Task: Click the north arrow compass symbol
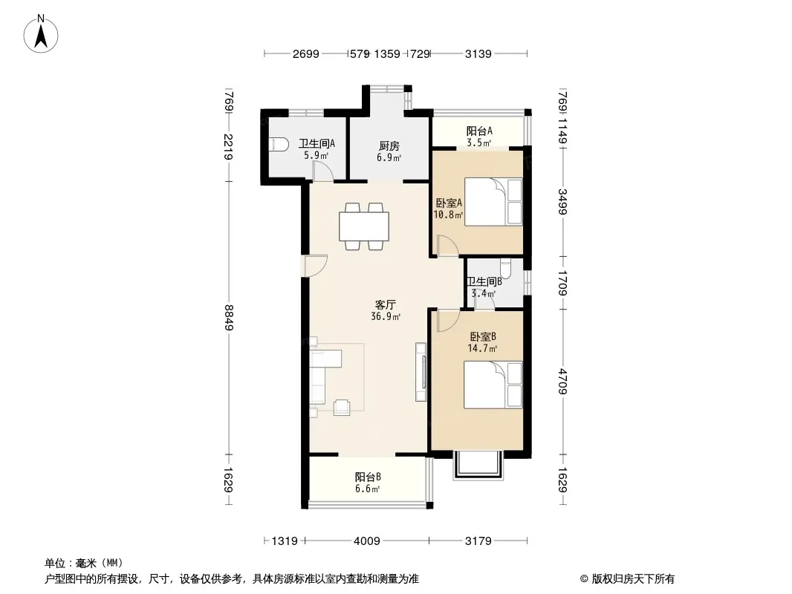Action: coord(41,34)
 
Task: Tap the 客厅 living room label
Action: coord(385,305)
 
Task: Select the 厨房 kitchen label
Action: coord(389,146)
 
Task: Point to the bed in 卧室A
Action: coord(493,201)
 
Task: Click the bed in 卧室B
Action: coord(493,385)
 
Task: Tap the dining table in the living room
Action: coord(363,226)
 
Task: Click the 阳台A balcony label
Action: coord(478,131)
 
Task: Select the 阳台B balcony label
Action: coord(368,477)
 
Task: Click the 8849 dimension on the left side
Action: coord(229,318)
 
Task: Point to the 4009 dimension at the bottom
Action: coord(367,541)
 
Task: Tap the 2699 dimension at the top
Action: coord(305,53)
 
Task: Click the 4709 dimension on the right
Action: coord(562,382)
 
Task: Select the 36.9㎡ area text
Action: coord(386,316)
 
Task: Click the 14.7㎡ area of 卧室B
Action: coord(482,347)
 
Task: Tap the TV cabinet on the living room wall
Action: coord(421,372)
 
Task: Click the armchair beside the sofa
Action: coord(342,407)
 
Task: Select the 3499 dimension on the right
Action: coord(562,201)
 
